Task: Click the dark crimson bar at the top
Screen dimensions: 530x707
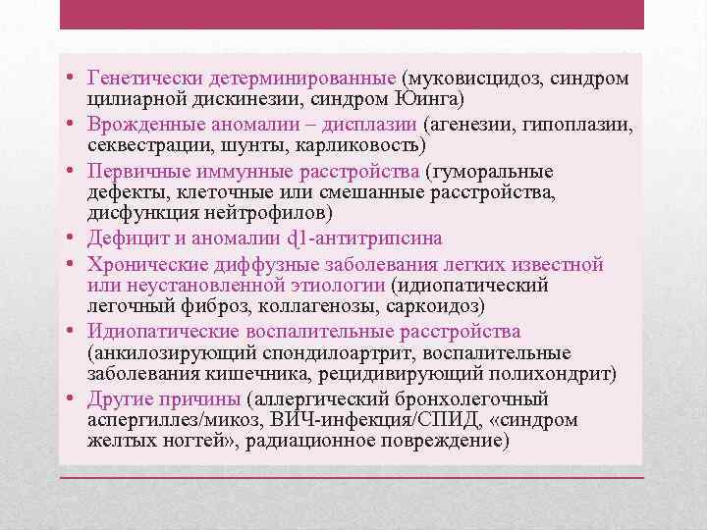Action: (x=352, y=15)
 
